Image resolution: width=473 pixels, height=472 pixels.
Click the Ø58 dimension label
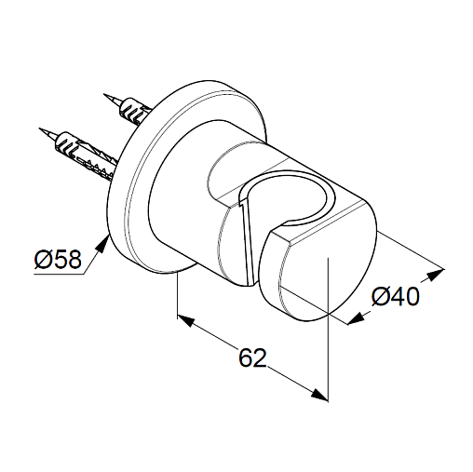click(58, 260)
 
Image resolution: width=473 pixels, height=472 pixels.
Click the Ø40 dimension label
click(396, 297)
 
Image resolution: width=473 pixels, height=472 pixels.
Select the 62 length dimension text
click(252, 357)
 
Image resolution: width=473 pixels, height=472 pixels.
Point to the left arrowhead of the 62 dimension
click(186, 322)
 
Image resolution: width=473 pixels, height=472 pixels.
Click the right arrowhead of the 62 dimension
click(319, 395)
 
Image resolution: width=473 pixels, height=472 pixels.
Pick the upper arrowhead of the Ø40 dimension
click(435, 275)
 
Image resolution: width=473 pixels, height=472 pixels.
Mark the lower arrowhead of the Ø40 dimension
click(356, 318)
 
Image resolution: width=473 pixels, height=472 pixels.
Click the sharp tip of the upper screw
click(104, 94)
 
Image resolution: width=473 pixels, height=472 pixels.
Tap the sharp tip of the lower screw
click(40, 128)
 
